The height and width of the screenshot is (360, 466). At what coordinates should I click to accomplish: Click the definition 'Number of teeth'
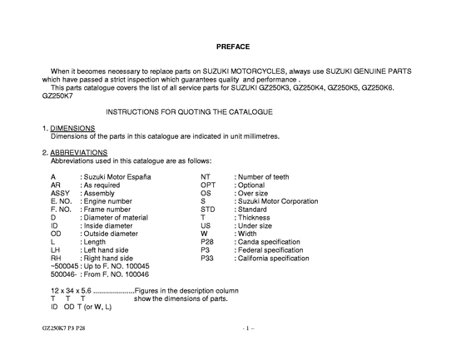pos(265,177)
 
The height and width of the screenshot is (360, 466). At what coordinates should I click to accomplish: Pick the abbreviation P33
pos(207,259)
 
